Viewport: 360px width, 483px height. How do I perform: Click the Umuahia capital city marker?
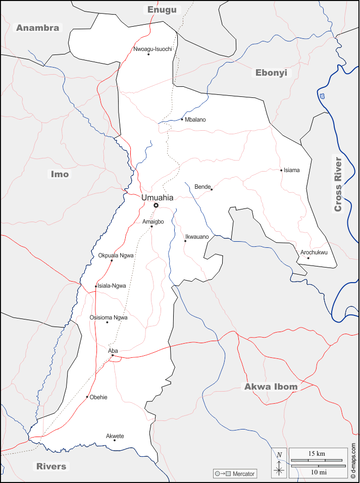tap(156, 205)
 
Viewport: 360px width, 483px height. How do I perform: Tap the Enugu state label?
tap(162, 10)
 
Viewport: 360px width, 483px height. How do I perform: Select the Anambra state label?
tap(38, 28)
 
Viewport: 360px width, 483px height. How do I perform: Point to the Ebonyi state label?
tap(271, 73)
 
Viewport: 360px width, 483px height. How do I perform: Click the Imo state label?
tap(60, 174)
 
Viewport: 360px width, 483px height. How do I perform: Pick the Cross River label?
tap(338, 184)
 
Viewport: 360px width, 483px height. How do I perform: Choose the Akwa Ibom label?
tap(271, 387)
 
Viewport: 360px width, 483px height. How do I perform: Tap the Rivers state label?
tap(51, 466)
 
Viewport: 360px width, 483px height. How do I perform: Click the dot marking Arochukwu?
tap(308, 258)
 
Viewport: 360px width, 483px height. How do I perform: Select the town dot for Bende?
tap(212, 190)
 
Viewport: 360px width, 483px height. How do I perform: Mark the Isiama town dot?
tap(281, 170)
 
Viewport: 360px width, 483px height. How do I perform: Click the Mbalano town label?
tap(195, 120)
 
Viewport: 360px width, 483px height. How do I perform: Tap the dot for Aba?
tap(113, 356)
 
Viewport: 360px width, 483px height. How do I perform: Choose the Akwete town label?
tap(115, 436)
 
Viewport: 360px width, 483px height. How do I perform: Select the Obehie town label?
tap(98, 397)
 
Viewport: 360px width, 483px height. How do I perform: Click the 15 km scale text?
tap(317, 454)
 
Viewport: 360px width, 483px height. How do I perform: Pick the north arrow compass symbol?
tap(279, 463)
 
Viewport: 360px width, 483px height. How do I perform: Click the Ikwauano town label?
tap(197, 236)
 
